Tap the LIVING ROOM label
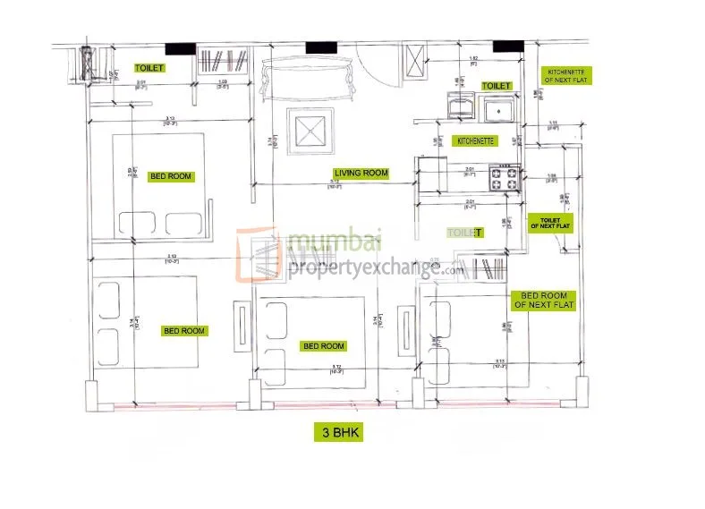click(x=361, y=173)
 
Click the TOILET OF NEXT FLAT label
click(x=549, y=222)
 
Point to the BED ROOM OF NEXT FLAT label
click(x=544, y=300)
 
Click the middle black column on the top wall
click(x=318, y=47)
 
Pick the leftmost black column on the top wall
click(x=181, y=47)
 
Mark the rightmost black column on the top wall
click(x=508, y=47)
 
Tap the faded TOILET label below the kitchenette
click(x=464, y=233)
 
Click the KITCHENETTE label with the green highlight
click(x=476, y=141)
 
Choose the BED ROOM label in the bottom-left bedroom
click(x=183, y=331)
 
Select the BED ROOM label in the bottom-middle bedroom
click(x=323, y=346)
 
